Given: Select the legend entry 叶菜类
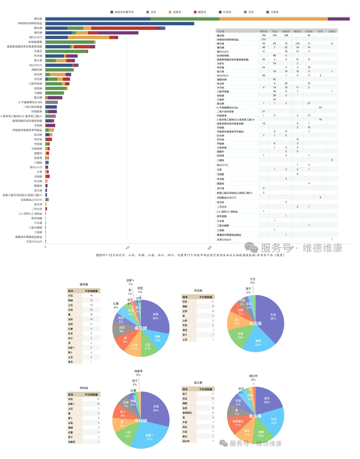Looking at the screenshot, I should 225,12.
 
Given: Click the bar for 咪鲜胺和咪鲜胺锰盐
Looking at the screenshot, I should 119,24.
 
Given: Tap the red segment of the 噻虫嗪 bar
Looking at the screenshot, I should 124,28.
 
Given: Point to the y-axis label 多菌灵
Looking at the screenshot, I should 38,51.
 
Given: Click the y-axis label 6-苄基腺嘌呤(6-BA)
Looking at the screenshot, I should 30,102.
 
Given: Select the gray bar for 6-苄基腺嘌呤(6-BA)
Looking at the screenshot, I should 52,102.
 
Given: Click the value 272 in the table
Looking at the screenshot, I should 263,39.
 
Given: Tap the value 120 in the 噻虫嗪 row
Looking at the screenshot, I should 297,44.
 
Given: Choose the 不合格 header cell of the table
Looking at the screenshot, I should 220,32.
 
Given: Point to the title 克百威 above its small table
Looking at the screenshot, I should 198,291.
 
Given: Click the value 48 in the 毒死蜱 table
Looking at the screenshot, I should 91,296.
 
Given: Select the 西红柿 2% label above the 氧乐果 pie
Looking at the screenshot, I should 253,378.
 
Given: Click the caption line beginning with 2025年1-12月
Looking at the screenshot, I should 190,255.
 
